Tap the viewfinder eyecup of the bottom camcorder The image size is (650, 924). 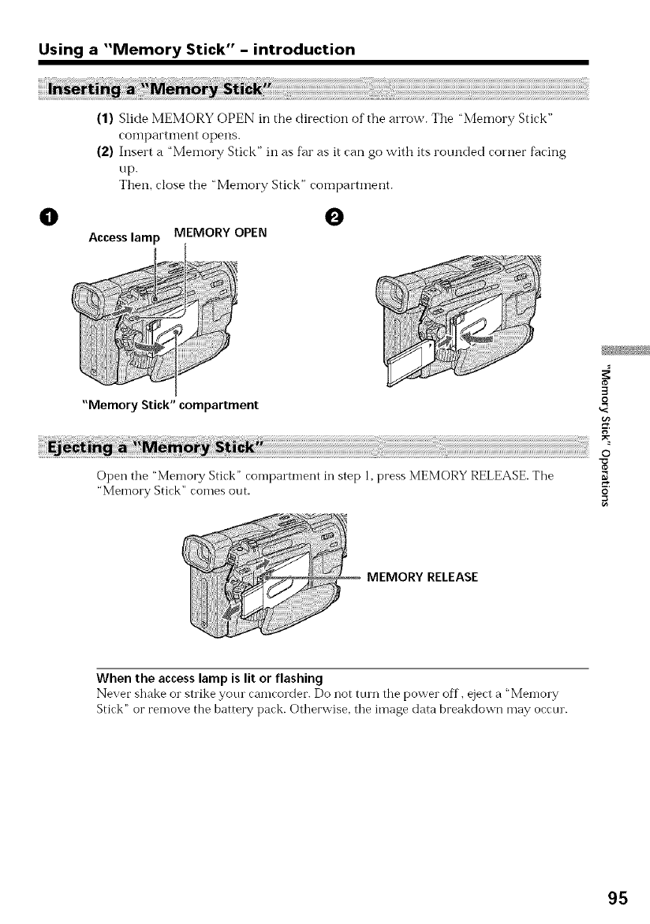pyautogui.click(x=197, y=555)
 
